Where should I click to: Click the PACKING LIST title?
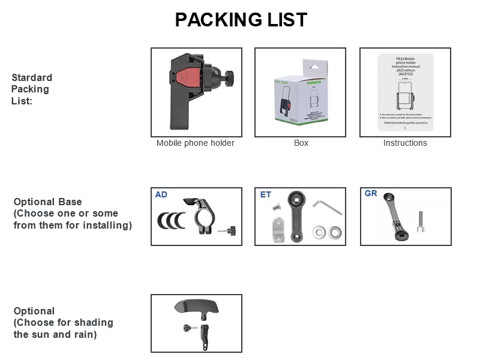pyautogui.click(x=241, y=20)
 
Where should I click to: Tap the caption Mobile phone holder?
pyautogui.click(x=196, y=143)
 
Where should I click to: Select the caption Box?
pyautogui.click(x=301, y=143)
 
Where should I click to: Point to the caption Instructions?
pyautogui.click(x=405, y=143)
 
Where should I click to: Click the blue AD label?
pyautogui.click(x=161, y=194)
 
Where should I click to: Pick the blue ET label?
pyautogui.click(x=265, y=195)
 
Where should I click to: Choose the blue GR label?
pyautogui.click(x=371, y=193)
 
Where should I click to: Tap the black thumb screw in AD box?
pyautogui.click(x=229, y=230)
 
